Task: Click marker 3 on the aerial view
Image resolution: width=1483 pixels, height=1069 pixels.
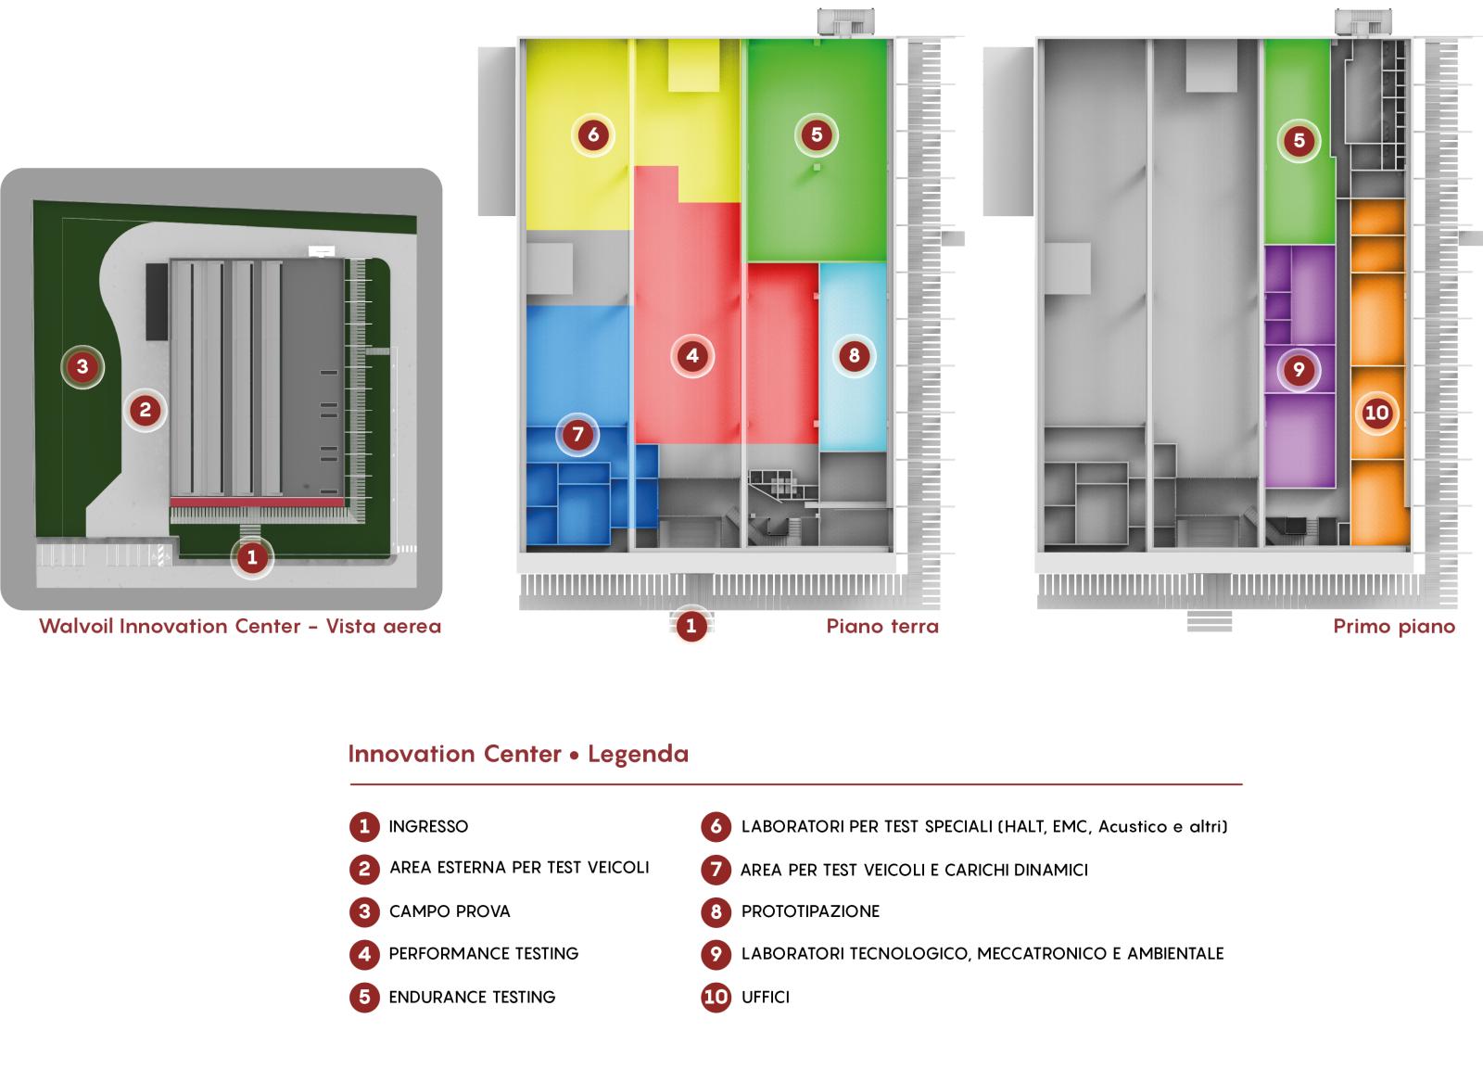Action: coord(82,367)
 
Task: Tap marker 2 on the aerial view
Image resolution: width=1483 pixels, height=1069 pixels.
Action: coord(145,409)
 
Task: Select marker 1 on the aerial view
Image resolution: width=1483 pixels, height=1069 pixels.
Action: coord(252,558)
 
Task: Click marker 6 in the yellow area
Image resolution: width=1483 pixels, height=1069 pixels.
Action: coord(593,134)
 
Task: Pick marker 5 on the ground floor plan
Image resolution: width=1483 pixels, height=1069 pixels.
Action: coord(816,134)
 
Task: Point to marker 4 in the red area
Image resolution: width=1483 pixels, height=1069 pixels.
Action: coord(692,355)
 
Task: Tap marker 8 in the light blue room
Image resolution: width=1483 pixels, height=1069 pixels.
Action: coord(854,355)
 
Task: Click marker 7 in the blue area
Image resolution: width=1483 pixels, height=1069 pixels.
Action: coord(577,434)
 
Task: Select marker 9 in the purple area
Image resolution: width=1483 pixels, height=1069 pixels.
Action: coord(1298,370)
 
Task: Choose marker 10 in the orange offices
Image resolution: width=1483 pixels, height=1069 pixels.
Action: coord(1376,413)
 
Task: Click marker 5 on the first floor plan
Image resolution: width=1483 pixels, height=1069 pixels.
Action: coord(1299,141)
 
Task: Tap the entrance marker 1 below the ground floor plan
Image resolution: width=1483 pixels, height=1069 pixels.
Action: coord(691,626)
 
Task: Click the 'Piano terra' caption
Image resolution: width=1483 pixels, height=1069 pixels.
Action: coord(882,627)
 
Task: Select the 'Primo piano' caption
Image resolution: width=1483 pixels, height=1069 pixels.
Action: coord(1394,627)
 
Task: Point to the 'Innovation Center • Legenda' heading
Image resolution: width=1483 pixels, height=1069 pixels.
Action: coord(518,754)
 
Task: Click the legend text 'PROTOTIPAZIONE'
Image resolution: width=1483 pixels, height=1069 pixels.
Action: coord(810,911)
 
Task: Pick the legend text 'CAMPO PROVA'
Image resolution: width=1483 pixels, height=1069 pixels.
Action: coord(450,911)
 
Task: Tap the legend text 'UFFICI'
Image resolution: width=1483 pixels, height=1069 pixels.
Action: coord(766,998)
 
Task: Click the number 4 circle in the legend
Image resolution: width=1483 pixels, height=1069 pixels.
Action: coord(364,954)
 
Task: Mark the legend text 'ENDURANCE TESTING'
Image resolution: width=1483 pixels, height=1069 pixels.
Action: coord(472,998)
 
